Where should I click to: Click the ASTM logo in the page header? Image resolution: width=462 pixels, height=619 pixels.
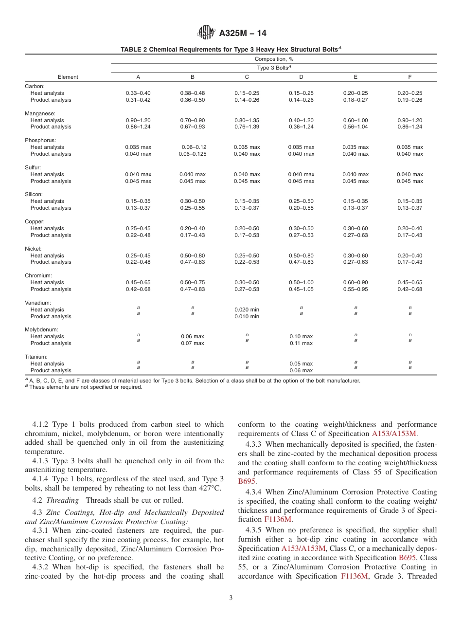[x=207, y=33]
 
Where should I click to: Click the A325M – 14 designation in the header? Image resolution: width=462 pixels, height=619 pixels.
[x=243, y=34]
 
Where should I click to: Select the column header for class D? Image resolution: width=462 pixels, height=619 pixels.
[x=301, y=77]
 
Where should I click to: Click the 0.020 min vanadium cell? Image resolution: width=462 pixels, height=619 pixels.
[x=247, y=309]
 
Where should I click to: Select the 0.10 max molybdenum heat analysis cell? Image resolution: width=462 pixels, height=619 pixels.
[x=301, y=337]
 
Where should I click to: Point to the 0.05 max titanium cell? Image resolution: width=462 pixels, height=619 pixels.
[x=301, y=364]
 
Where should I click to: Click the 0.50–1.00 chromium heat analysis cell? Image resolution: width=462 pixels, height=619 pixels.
[x=301, y=282]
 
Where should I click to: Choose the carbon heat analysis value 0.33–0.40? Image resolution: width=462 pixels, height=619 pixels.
[x=138, y=93]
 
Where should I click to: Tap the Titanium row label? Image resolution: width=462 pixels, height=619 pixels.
[x=36, y=357]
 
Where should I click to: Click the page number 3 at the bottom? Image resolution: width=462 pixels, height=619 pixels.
[x=231, y=598]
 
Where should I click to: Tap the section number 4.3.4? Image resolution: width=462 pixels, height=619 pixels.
[x=254, y=492]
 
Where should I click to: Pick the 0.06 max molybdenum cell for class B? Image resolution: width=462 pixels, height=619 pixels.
[x=192, y=337]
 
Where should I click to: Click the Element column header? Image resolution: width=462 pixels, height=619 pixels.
[x=68, y=77]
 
